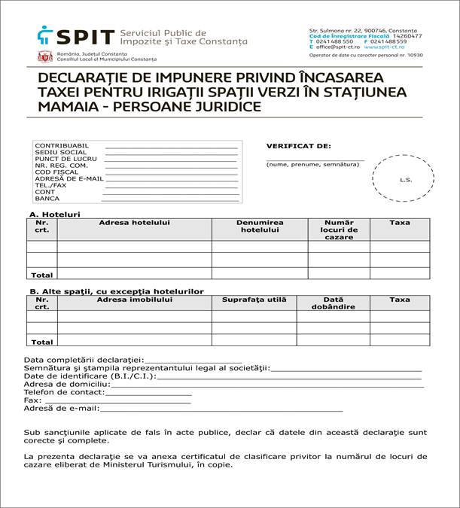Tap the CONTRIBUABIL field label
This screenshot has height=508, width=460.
[x=62, y=145]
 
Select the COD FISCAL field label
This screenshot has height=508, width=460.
[x=56, y=172]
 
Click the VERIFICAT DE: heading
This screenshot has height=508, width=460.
[x=298, y=146]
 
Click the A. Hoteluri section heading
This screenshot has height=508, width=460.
[x=53, y=214]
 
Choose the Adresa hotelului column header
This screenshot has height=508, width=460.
[x=134, y=223]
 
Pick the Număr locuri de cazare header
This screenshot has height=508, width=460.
[x=338, y=229]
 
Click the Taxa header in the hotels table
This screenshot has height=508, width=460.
[x=399, y=223]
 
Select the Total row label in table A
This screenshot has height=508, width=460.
[x=41, y=275]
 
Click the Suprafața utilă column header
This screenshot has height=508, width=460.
[x=254, y=300]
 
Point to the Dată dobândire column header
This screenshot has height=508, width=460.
[x=333, y=303]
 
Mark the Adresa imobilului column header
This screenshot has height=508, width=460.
[x=134, y=300]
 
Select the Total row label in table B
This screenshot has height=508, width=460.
[x=41, y=342]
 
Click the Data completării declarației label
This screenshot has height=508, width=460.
[x=83, y=359]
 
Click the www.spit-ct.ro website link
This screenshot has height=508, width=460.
[x=385, y=47]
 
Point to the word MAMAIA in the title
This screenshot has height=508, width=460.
[x=64, y=107]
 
